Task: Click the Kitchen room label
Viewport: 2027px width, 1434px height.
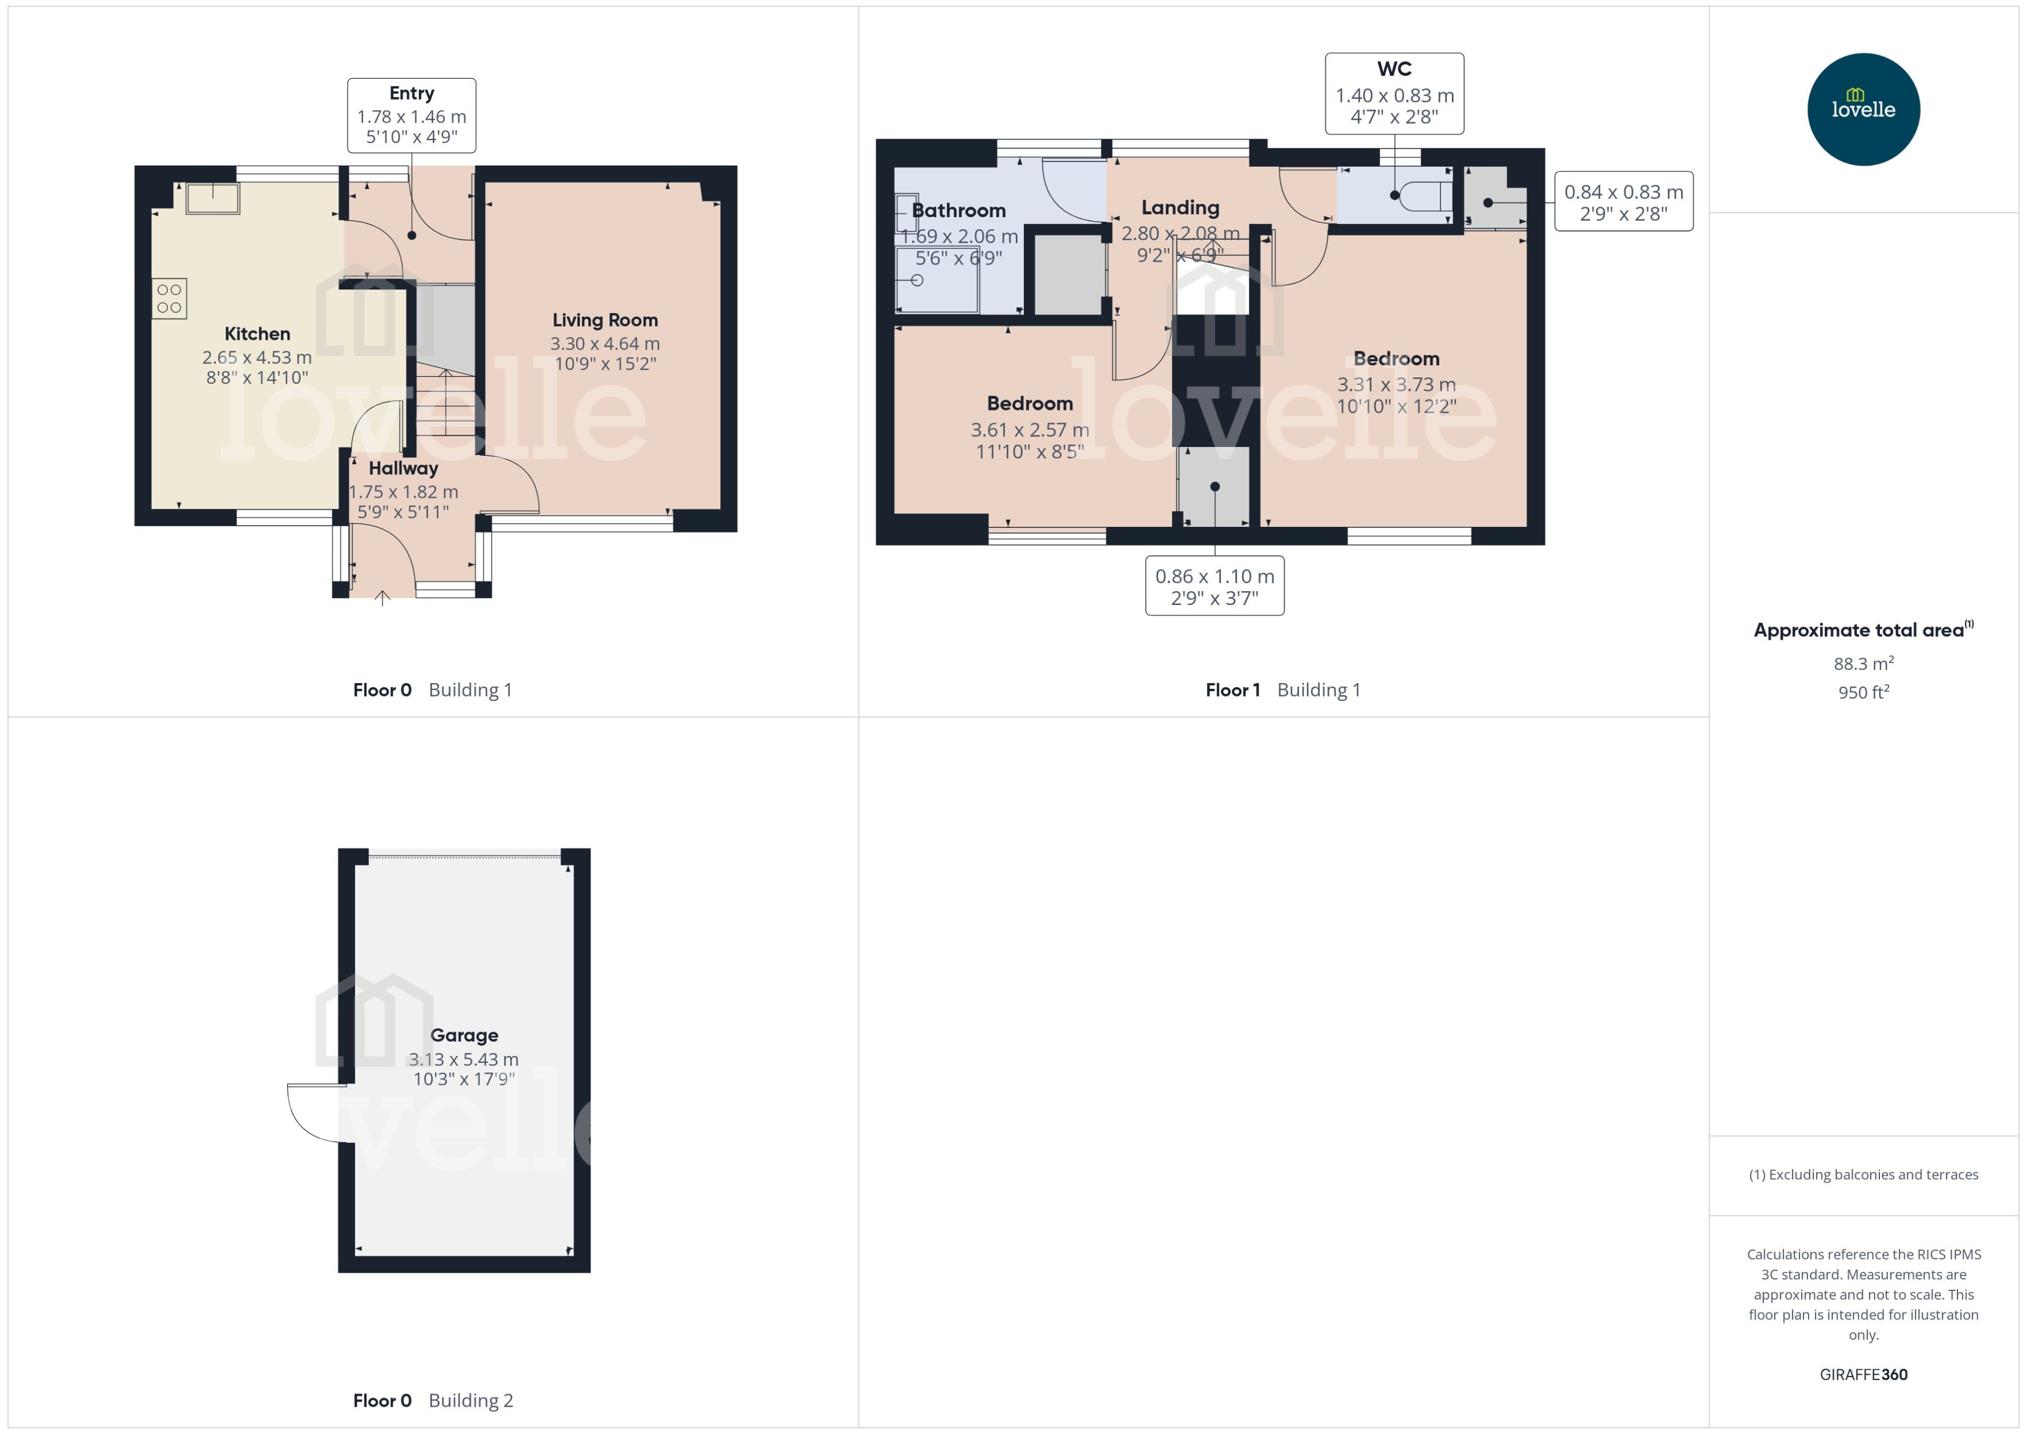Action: (x=257, y=334)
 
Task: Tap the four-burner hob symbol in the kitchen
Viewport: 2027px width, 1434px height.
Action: (x=169, y=299)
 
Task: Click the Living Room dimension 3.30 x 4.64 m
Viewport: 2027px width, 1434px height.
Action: (x=605, y=343)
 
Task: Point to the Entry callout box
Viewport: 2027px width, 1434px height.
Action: (x=412, y=115)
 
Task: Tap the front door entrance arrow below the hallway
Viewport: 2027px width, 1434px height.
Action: (x=382, y=599)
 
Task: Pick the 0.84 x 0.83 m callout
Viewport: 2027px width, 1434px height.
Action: (x=1623, y=201)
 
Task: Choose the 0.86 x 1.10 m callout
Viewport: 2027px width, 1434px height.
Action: (x=1214, y=585)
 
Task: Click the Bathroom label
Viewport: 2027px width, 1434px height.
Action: (x=958, y=210)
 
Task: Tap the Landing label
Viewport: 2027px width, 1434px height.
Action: (x=1180, y=207)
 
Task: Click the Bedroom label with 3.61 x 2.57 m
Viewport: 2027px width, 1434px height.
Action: (x=1030, y=404)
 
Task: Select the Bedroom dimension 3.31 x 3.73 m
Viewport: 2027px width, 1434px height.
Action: (x=1396, y=384)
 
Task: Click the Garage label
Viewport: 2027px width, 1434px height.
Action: (x=464, y=1035)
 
